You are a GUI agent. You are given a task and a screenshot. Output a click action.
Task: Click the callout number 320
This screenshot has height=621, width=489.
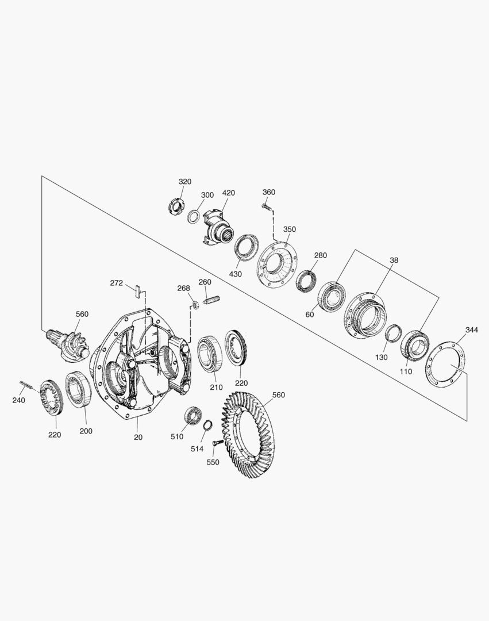pos(185,182)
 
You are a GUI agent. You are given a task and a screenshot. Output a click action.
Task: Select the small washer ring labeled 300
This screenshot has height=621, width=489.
pos(192,216)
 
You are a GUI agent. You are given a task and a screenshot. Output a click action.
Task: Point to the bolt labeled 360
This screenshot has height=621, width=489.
pos(266,206)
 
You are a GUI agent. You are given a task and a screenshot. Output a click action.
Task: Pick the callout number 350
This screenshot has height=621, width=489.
pos(289,229)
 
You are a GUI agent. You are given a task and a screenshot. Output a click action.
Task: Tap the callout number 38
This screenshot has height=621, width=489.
pos(394,260)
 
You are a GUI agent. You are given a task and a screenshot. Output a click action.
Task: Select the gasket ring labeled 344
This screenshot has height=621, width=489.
pos(445,363)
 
